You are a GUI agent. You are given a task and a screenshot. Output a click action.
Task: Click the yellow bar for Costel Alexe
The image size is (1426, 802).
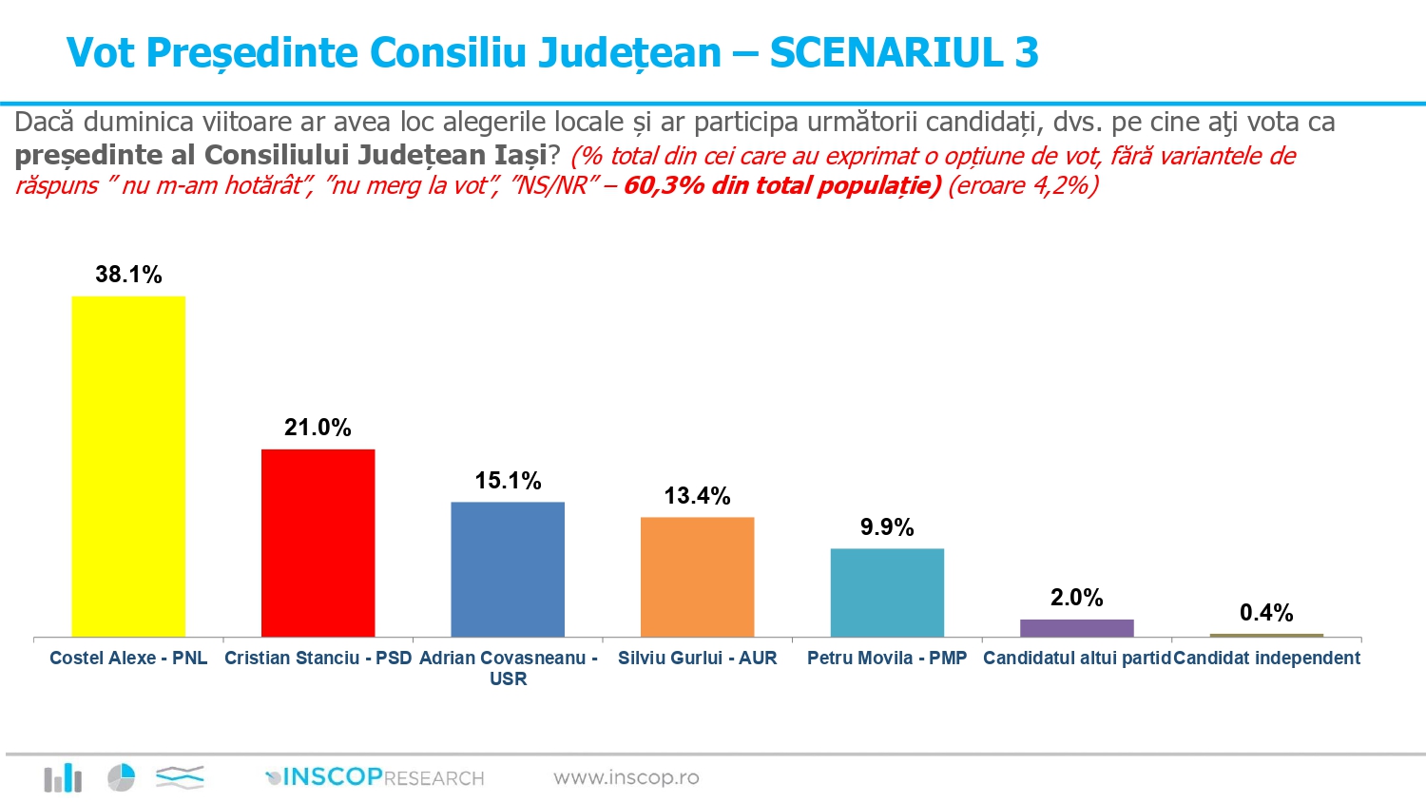pos(128,466)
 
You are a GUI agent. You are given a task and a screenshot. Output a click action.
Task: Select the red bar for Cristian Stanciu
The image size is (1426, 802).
pos(318,543)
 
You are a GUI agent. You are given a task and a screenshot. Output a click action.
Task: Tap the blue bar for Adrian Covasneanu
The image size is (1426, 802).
pos(508,569)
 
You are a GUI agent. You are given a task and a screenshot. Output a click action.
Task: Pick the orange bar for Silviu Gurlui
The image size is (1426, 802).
pos(697,577)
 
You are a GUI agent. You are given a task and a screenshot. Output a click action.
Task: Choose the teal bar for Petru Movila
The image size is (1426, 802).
pos(887,592)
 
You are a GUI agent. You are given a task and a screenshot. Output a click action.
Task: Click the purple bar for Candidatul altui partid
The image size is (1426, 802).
pos(1076,628)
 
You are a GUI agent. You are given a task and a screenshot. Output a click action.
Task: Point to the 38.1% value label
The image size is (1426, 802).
pos(128,275)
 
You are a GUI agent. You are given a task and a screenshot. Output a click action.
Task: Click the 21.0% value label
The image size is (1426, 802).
pos(318,428)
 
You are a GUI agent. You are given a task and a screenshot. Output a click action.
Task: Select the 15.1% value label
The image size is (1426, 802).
pos(508,481)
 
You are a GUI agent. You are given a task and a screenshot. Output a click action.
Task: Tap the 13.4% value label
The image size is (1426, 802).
pos(697,496)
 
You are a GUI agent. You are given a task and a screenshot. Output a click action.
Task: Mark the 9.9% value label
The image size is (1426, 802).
pos(887,527)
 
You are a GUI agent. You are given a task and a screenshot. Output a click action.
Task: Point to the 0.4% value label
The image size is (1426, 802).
pos(1266,613)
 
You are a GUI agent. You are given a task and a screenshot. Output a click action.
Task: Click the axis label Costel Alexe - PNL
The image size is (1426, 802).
pos(128,658)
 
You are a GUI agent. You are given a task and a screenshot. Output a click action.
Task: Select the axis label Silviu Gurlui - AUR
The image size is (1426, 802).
pos(697,658)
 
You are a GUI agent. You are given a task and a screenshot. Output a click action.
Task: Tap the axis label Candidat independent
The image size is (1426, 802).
pos(1266,658)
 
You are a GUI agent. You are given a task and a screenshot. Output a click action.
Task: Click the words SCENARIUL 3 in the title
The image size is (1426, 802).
pos(903,53)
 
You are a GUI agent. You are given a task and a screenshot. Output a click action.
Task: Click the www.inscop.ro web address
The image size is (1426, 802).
pos(626,777)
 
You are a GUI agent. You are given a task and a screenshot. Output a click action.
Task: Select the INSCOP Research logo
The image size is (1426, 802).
pos(376,777)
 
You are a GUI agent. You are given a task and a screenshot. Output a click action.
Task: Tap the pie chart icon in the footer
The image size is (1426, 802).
pos(121,777)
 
